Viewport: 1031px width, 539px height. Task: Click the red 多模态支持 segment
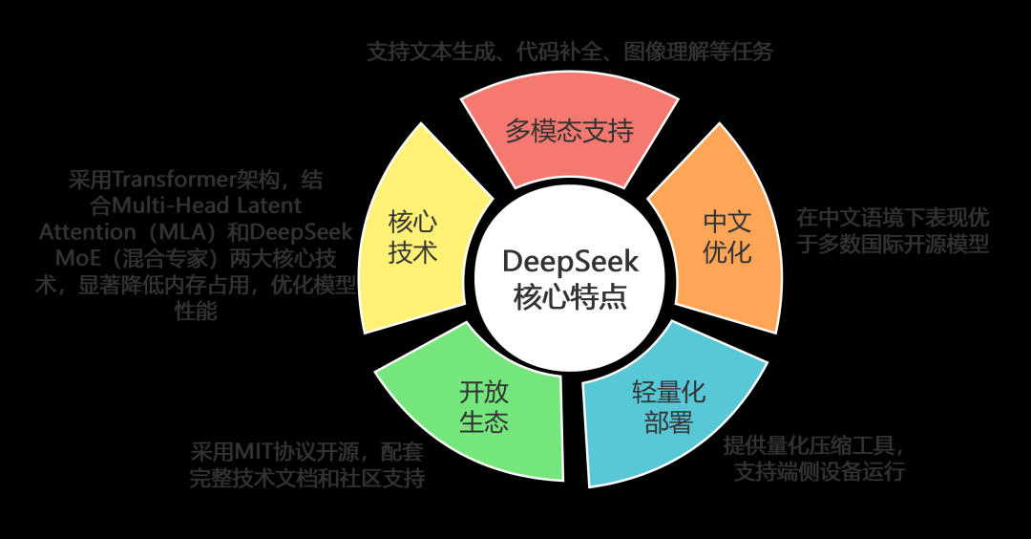569,131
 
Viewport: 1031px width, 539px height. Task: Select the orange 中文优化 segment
727,237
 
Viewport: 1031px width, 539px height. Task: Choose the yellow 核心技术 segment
412,238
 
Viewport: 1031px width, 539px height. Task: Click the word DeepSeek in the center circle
570,261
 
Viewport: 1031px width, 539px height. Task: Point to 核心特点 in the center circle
570,295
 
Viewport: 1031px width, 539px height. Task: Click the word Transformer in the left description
170,180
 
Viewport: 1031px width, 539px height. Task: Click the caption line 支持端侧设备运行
819,472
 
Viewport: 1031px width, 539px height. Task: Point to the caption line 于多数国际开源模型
893,244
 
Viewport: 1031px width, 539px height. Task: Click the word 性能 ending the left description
197,312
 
